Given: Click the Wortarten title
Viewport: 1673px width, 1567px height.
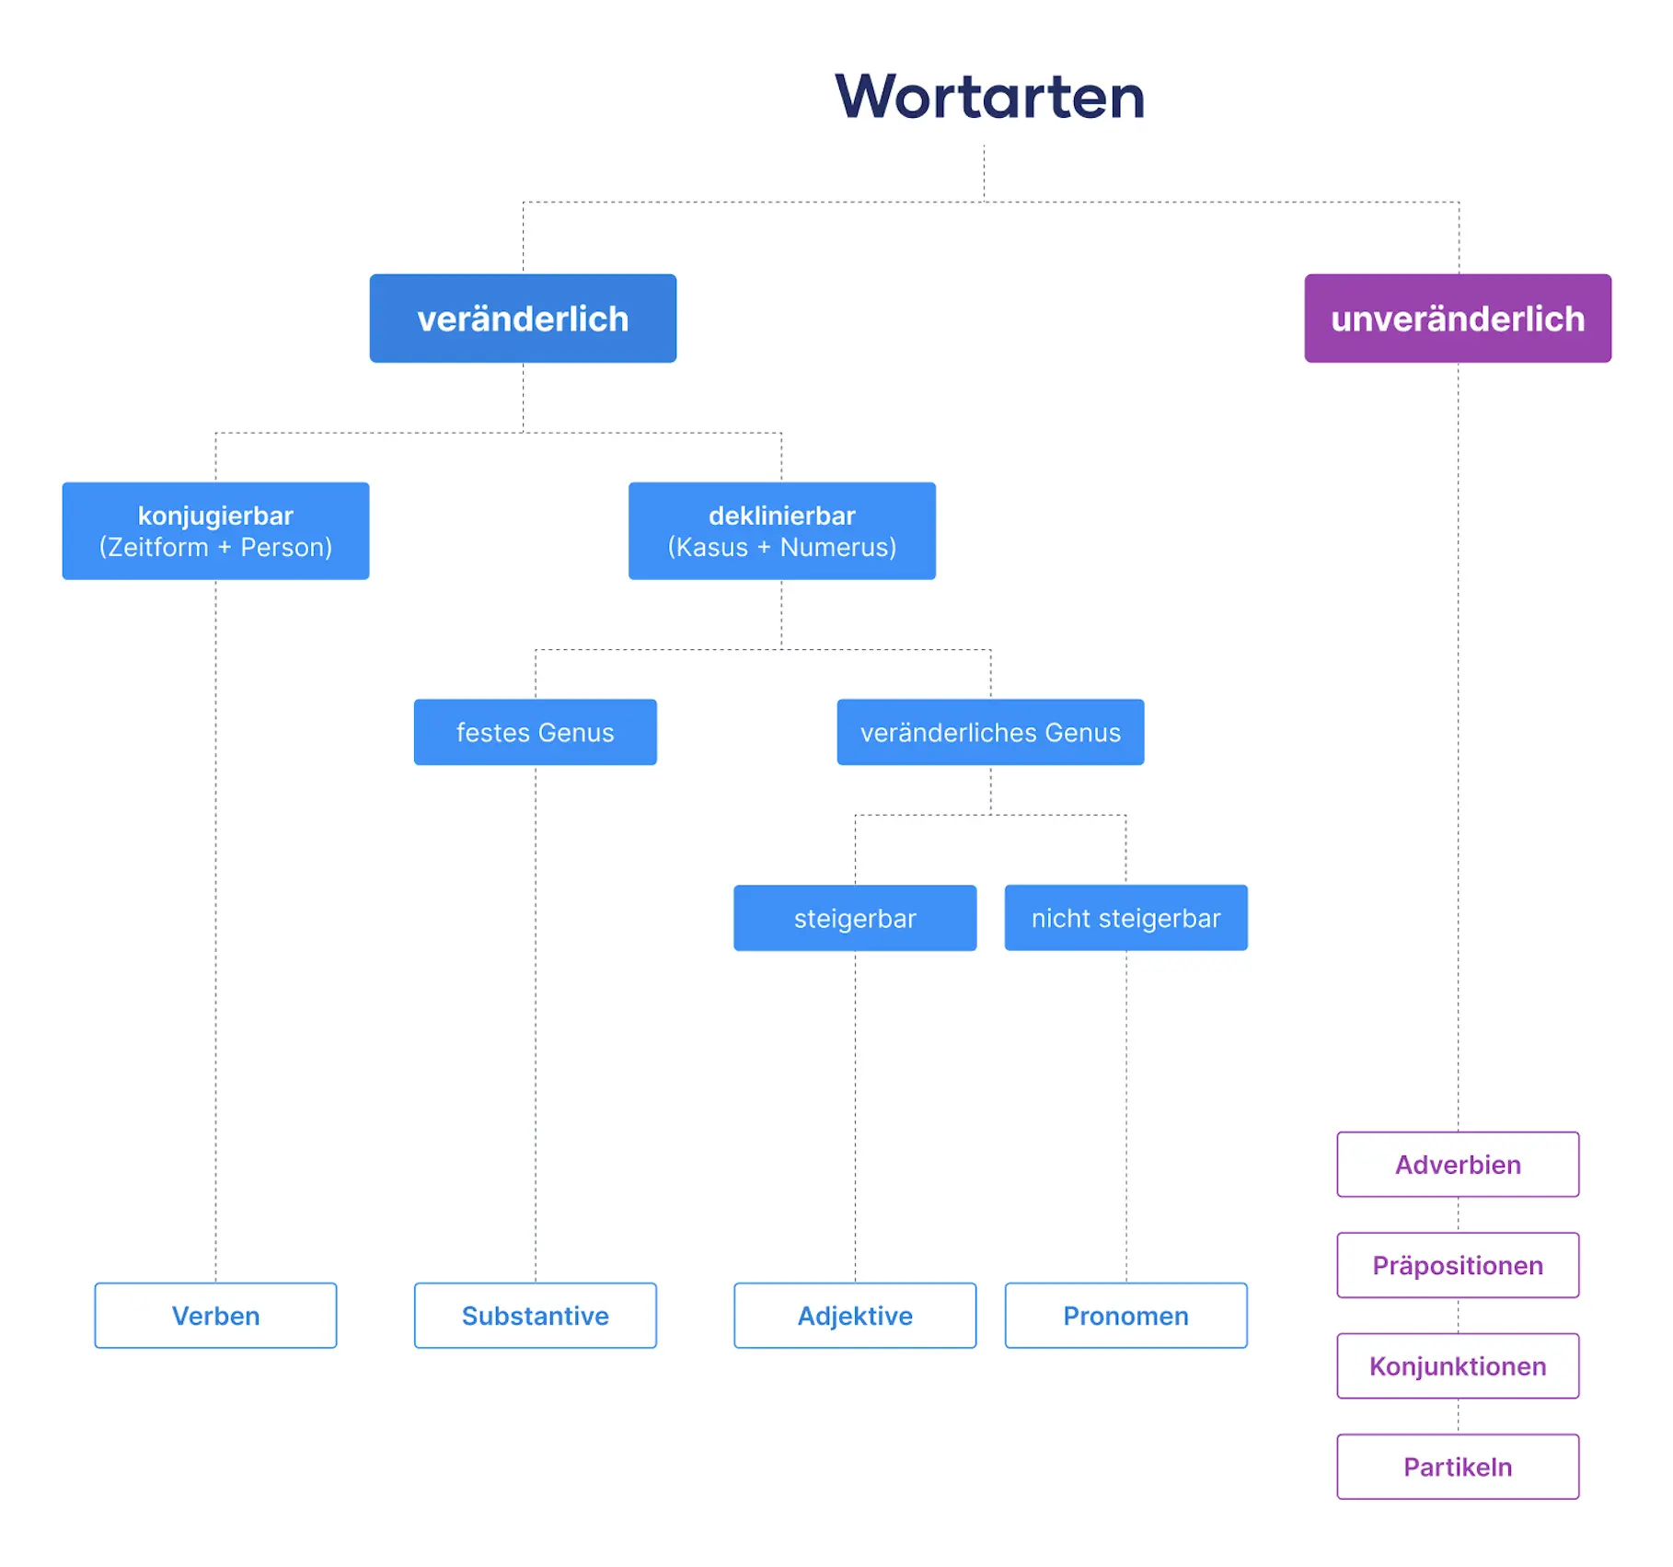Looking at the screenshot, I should click(989, 97).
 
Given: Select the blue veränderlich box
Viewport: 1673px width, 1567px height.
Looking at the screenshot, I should click(523, 319).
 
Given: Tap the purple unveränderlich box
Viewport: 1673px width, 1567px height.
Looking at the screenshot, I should click(1457, 319).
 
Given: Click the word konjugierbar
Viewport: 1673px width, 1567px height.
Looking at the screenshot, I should click(215, 516).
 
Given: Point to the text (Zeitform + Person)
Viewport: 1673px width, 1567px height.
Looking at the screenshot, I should click(215, 548).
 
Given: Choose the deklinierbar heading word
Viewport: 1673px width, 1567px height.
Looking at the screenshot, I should click(781, 516).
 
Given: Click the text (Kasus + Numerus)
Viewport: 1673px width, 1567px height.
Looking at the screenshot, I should click(781, 548).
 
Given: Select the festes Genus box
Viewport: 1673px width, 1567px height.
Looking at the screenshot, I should click(535, 732).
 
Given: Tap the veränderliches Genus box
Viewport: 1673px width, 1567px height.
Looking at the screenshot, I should click(990, 732).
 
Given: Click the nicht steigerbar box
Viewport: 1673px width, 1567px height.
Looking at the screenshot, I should click(1125, 918).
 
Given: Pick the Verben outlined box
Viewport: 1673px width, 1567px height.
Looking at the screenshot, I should click(215, 1316).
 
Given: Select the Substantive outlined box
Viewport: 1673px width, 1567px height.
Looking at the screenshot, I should click(535, 1316).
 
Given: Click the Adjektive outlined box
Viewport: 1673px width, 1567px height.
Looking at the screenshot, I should click(855, 1316).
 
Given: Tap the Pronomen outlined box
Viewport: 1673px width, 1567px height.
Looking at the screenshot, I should click(1125, 1316).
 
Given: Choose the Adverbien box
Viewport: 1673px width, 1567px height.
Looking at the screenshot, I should click(1458, 1165).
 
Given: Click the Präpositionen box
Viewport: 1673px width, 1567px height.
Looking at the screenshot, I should click(1458, 1265).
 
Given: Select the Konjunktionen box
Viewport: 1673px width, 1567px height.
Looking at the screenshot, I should click(1458, 1366).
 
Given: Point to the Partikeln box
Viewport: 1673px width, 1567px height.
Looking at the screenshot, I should click(1458, 1467).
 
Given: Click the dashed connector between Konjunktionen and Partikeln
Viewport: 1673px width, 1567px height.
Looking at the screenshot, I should click(1458, 1416).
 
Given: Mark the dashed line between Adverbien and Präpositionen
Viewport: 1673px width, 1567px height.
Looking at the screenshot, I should click(1458, 1214).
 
